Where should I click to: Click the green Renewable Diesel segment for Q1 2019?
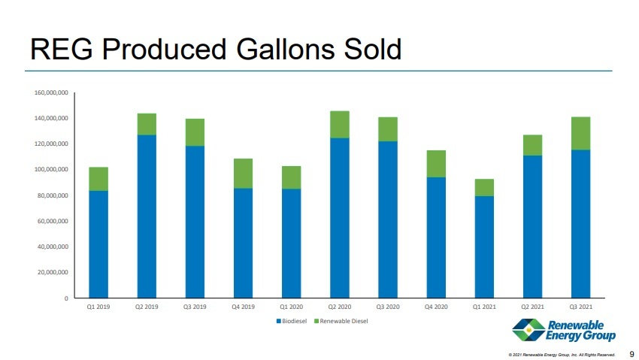point(98,179)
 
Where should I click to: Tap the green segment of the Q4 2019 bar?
point(243,174)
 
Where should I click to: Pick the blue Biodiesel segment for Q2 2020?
point(339,218)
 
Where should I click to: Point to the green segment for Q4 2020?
point(436,164)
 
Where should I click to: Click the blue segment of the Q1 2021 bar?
point(484,247)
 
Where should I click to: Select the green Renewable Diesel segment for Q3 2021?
point(580,134)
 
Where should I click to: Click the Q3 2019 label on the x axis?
point(195,307)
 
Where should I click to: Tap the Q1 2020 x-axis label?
point(291,307)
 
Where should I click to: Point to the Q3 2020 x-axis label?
point(387,307)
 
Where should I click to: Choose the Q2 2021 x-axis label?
point(532,307)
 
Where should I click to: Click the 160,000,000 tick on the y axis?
point(51,93)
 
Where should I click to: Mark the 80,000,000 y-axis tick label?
point(53,195)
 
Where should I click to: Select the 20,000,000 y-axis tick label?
point(53,273)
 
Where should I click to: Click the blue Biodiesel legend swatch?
point(279,322)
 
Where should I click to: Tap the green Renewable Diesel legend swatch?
point(316,322)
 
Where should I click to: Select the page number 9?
point(631,353)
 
